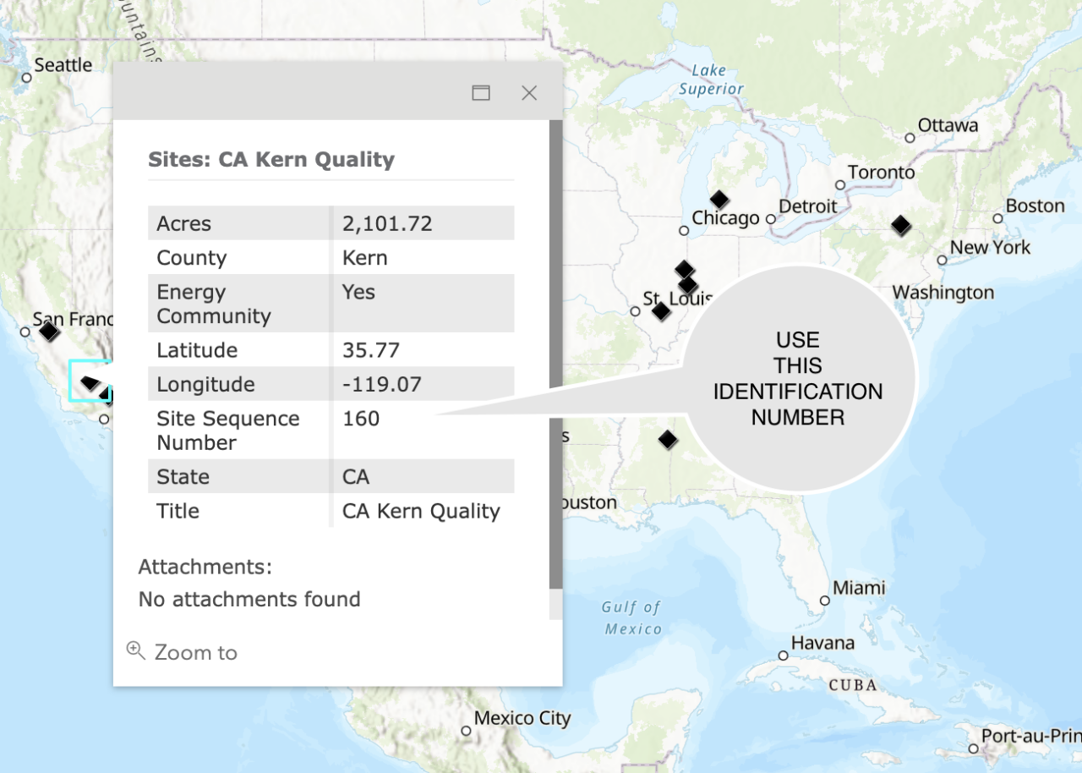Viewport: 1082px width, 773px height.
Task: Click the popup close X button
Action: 529,93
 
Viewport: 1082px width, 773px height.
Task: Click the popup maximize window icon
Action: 481,93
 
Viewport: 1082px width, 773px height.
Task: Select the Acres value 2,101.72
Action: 387,224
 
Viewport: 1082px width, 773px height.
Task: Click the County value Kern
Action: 365,258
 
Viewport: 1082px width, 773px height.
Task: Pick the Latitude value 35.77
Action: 371,350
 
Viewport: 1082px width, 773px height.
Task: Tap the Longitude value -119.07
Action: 381,385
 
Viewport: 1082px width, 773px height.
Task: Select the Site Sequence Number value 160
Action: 361,419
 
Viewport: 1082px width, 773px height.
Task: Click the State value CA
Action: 356,477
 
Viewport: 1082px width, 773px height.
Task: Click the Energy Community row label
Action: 214,304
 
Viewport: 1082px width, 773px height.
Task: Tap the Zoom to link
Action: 195,652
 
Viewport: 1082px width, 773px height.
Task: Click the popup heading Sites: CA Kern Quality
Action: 271,160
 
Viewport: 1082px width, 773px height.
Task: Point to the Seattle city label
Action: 63,65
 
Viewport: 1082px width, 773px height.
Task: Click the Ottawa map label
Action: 948,126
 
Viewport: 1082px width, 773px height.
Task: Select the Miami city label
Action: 859,588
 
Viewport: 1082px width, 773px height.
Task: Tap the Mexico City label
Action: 522,719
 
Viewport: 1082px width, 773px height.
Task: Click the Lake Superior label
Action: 711,79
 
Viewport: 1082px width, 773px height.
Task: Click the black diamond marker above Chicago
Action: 719,200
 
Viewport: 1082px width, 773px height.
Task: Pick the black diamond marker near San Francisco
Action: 50,331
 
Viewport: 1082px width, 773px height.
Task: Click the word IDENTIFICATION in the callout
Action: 798,392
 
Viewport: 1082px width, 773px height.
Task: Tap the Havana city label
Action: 822,643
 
